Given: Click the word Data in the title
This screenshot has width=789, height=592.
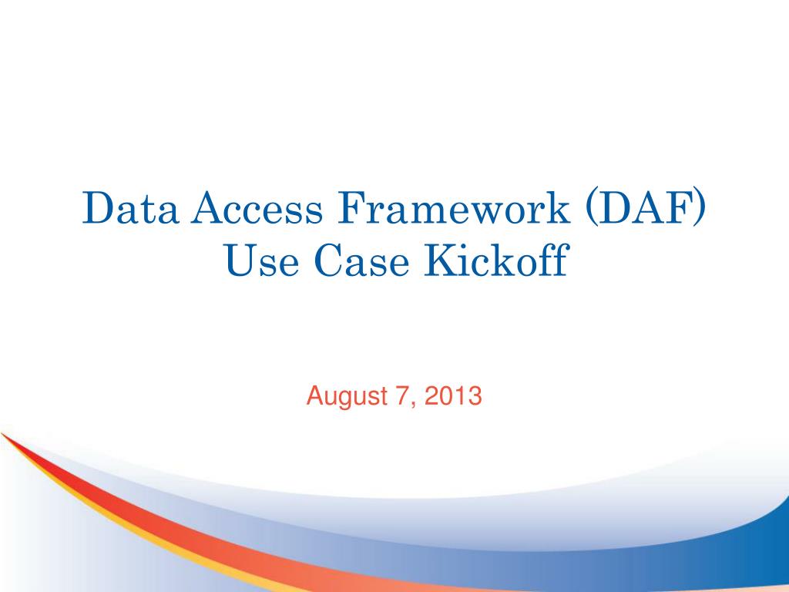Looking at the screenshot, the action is pyautogui.click(x=130, y=207).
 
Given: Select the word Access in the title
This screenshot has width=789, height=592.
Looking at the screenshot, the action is pyautogui.click(x=257, y=207).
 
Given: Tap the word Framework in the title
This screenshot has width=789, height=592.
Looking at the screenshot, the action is pyautogui.click(x=454, y=207).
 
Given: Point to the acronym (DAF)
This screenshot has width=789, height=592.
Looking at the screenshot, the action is pyautogui.click(x=646, y=208).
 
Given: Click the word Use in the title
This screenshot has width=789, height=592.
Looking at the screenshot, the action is pyautogui.click(x=262, y=260).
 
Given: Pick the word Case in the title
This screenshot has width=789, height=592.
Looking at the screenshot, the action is pyautogui.click(x=361, y=260).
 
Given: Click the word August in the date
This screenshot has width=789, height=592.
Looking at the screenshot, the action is pyautogui.click(x=347, y=397).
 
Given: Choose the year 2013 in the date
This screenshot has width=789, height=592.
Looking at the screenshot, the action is pyautogui.click(x=453, y=395).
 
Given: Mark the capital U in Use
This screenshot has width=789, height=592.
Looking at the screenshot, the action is pyautogui.click(x=243, y=261).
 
